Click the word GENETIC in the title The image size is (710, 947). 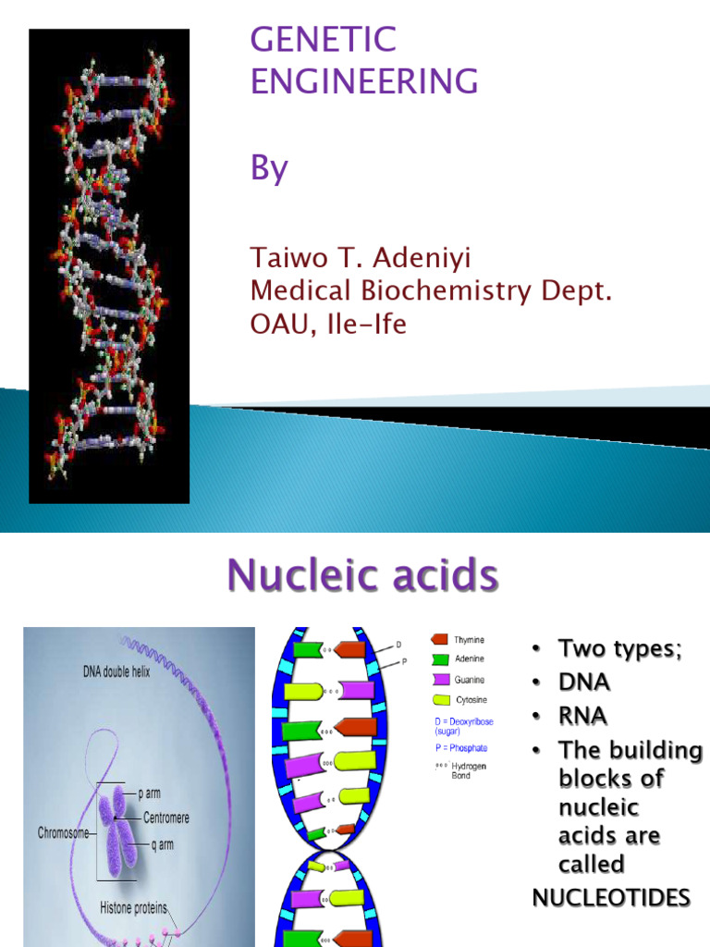324,40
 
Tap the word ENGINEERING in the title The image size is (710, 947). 364,81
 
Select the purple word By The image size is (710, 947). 270,169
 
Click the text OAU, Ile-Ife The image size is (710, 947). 328,326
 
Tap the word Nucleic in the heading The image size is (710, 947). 300,576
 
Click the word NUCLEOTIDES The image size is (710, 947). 611,898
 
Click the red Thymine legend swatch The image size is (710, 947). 439,639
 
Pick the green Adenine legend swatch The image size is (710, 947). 439,659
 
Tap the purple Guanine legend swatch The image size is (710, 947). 439,680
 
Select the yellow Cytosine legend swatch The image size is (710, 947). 439,700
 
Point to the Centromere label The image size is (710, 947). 166,818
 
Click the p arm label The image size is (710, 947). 153,793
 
